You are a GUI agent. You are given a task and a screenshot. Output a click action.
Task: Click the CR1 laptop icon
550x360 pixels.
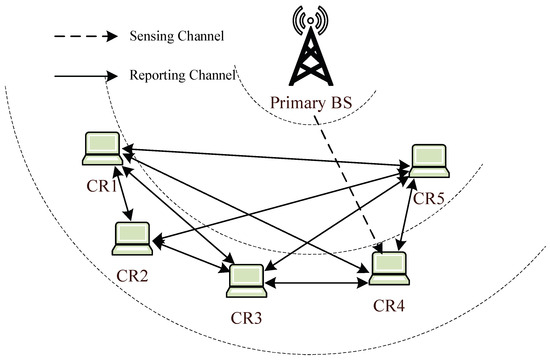pos(102,149)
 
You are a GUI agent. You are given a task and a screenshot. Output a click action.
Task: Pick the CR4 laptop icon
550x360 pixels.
pos(389,266)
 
